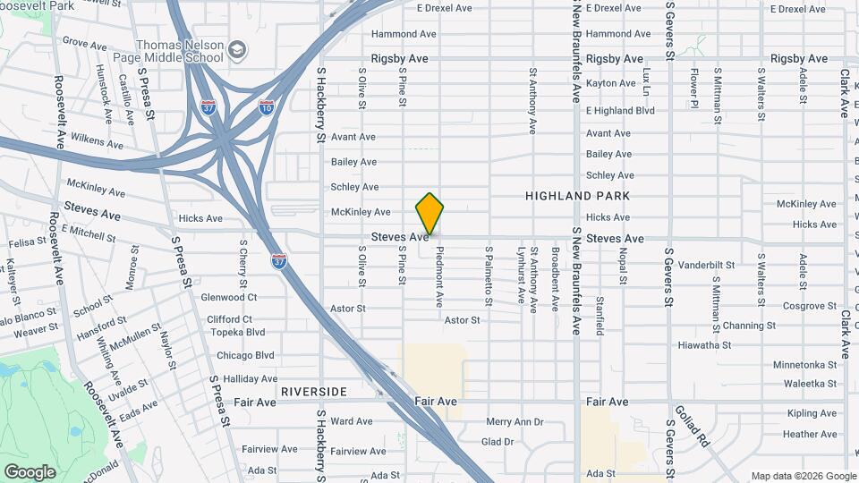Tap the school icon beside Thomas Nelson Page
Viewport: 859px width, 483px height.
(238, 50)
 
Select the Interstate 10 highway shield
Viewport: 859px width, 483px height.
(267, 107)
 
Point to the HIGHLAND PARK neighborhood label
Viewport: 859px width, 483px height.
(577, 196)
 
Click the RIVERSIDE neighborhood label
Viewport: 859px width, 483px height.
(313, 392)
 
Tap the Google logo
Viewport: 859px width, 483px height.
(30, 472)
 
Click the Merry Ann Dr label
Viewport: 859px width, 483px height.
(515, 421)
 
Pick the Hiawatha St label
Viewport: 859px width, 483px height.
(704, 344)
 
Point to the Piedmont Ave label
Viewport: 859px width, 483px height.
(439, 277)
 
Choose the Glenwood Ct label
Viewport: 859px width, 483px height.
(229, 297)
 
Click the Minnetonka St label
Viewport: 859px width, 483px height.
(804, 365)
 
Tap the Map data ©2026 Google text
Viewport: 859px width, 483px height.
(803, 476)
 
